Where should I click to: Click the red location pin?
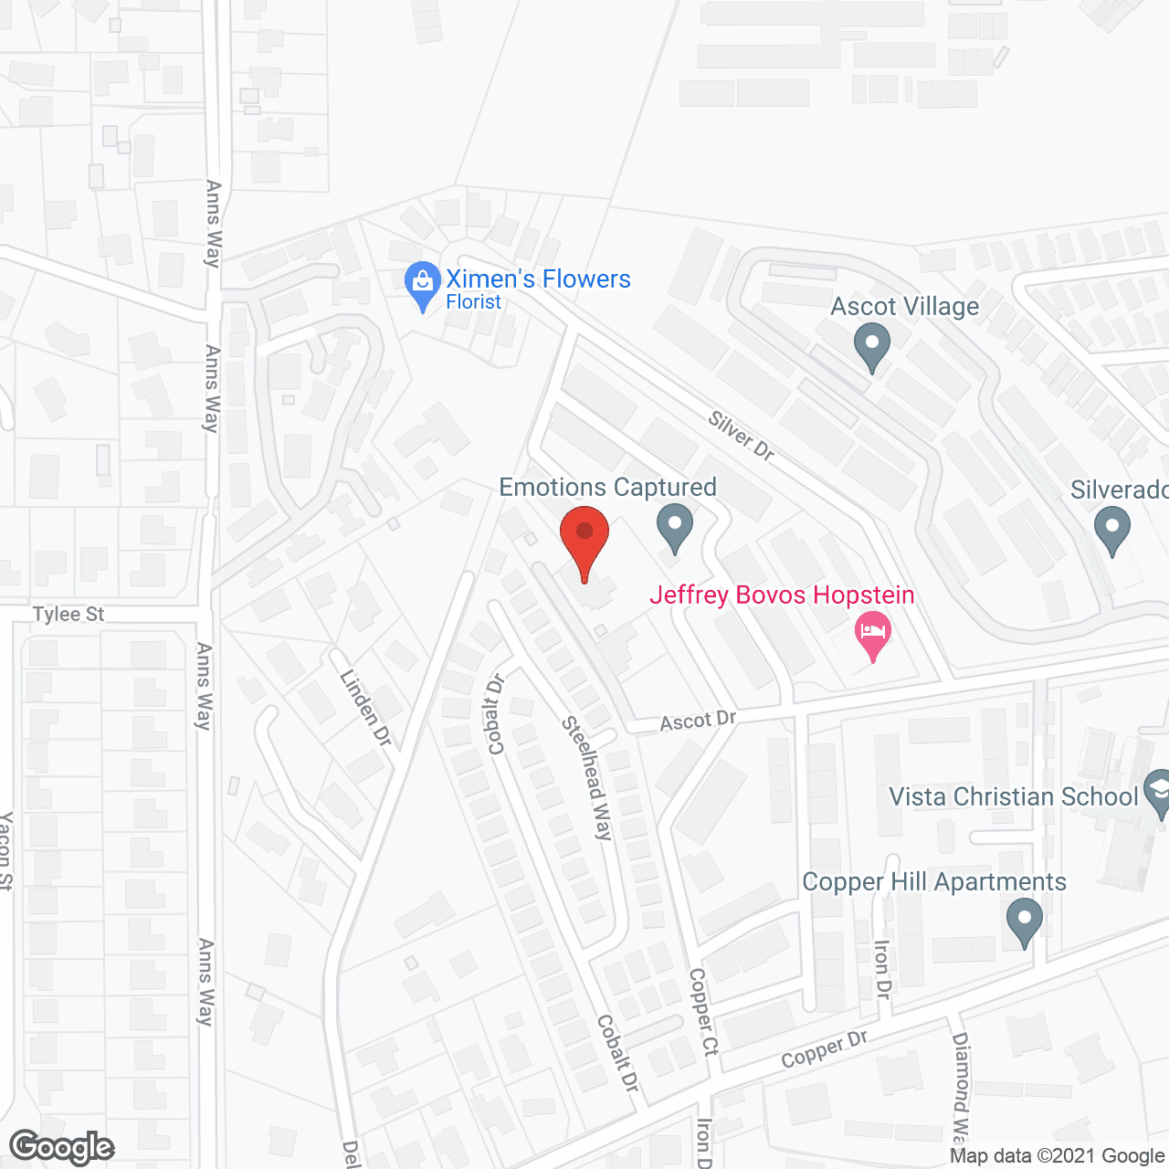pos(584,539)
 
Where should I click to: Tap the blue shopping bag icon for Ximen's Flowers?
pos(422,284)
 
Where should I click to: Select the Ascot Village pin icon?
pos(871,348)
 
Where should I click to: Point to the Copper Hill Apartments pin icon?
pos(1024,920)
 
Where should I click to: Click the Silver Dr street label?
pos(741,436)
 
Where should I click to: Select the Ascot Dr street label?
pos(698,721)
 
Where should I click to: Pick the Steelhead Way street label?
pos(587,777)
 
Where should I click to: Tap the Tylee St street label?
pos(68,614)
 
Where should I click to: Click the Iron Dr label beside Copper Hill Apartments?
pos(882,969)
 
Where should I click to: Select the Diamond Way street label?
pos(960,1086)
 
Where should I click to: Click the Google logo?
pos(62,1147)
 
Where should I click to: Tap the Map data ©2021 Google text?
pos(1057,1156)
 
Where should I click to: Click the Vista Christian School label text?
pos(1014,796)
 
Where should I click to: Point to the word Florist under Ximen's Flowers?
pos(473,302)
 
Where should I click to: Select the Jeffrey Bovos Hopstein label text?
pos(782,595)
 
